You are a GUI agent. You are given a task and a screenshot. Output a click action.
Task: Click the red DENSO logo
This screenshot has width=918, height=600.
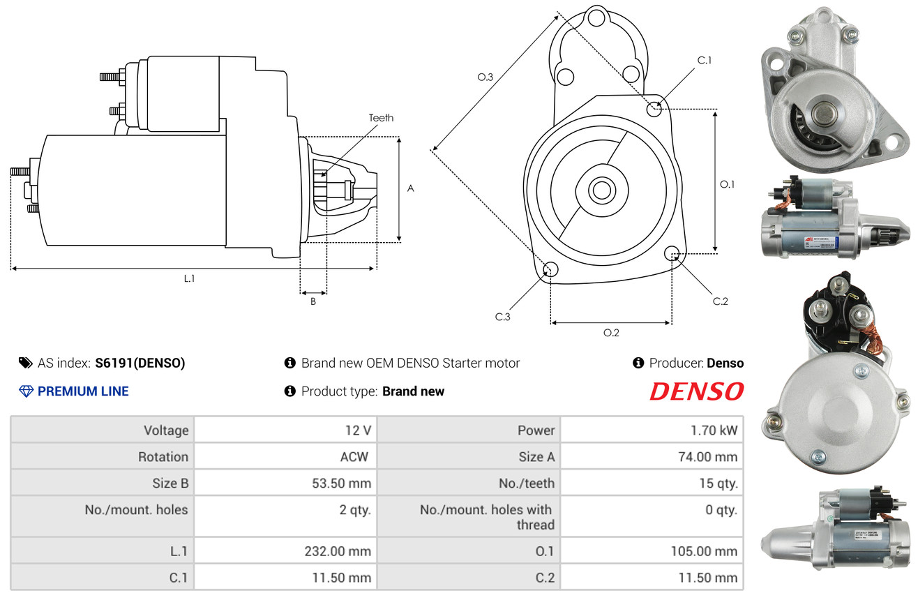[697, 391]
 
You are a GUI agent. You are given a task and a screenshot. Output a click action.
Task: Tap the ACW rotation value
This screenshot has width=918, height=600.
[354, 456]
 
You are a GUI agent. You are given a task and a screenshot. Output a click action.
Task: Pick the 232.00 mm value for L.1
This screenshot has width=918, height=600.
[338, 551]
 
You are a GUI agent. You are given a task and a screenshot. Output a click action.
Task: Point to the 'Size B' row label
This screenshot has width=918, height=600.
[170, 483]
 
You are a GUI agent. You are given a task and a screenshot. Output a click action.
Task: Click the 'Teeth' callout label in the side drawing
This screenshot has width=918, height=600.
[381, 118]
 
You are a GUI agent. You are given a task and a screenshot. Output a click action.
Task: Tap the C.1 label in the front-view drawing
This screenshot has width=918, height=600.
[704, 60]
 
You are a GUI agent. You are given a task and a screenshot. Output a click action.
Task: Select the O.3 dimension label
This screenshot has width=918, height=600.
[486, 77]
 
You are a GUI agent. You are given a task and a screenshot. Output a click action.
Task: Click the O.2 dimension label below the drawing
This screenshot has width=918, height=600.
[611, 333]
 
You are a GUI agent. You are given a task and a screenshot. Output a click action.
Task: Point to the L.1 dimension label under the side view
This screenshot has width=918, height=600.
[189, 278]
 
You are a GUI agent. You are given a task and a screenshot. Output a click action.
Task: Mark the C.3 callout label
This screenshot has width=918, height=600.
[502, 317]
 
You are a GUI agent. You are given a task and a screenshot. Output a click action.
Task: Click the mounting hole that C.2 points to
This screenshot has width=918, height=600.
[672, 253]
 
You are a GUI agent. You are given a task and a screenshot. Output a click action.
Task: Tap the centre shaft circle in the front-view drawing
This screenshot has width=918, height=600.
[601, 190]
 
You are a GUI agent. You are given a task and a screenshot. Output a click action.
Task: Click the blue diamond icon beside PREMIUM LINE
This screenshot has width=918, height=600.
[27, 391]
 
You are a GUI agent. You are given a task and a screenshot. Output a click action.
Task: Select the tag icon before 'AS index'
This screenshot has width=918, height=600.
[25, 363]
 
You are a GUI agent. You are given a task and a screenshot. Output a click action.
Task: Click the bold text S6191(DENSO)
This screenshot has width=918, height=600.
[140, 363]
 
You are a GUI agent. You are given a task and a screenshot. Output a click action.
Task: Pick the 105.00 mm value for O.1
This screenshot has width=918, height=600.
[704, 551]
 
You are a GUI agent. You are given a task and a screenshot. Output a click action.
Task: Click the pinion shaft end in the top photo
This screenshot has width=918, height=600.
[822, 114]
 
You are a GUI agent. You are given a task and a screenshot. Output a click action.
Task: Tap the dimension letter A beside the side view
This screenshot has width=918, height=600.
[410, 188]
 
